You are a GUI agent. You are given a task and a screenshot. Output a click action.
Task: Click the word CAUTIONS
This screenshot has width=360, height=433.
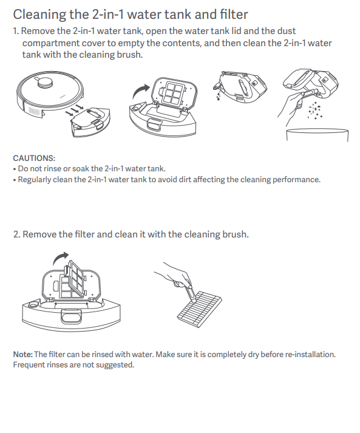coord(34,159)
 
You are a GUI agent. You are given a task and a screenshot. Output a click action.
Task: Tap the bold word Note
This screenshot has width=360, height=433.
coord(23,354)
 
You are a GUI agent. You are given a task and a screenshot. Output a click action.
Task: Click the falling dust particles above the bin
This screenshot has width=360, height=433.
coord(315,111)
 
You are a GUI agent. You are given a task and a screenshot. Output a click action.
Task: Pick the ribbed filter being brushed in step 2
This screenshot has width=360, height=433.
coord(199,309)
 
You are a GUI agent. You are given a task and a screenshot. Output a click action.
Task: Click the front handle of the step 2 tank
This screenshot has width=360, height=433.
coord(71,316)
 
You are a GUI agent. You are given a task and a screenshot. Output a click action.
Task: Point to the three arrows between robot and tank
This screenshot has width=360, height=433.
coord(74,109)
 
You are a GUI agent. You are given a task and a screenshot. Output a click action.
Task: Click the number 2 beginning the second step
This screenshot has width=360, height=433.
coord(16,234)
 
